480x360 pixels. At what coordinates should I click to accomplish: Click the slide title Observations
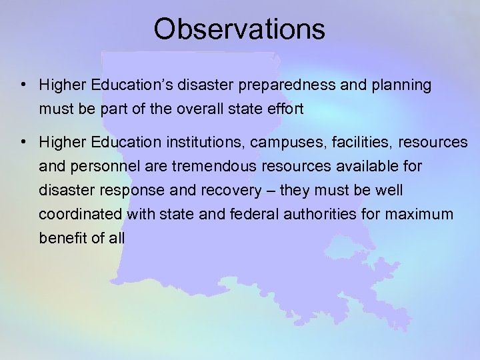tap(239, 29)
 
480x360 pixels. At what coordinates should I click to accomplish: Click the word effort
tap(285, 109)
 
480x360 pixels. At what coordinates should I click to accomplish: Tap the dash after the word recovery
tap(270, 191)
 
